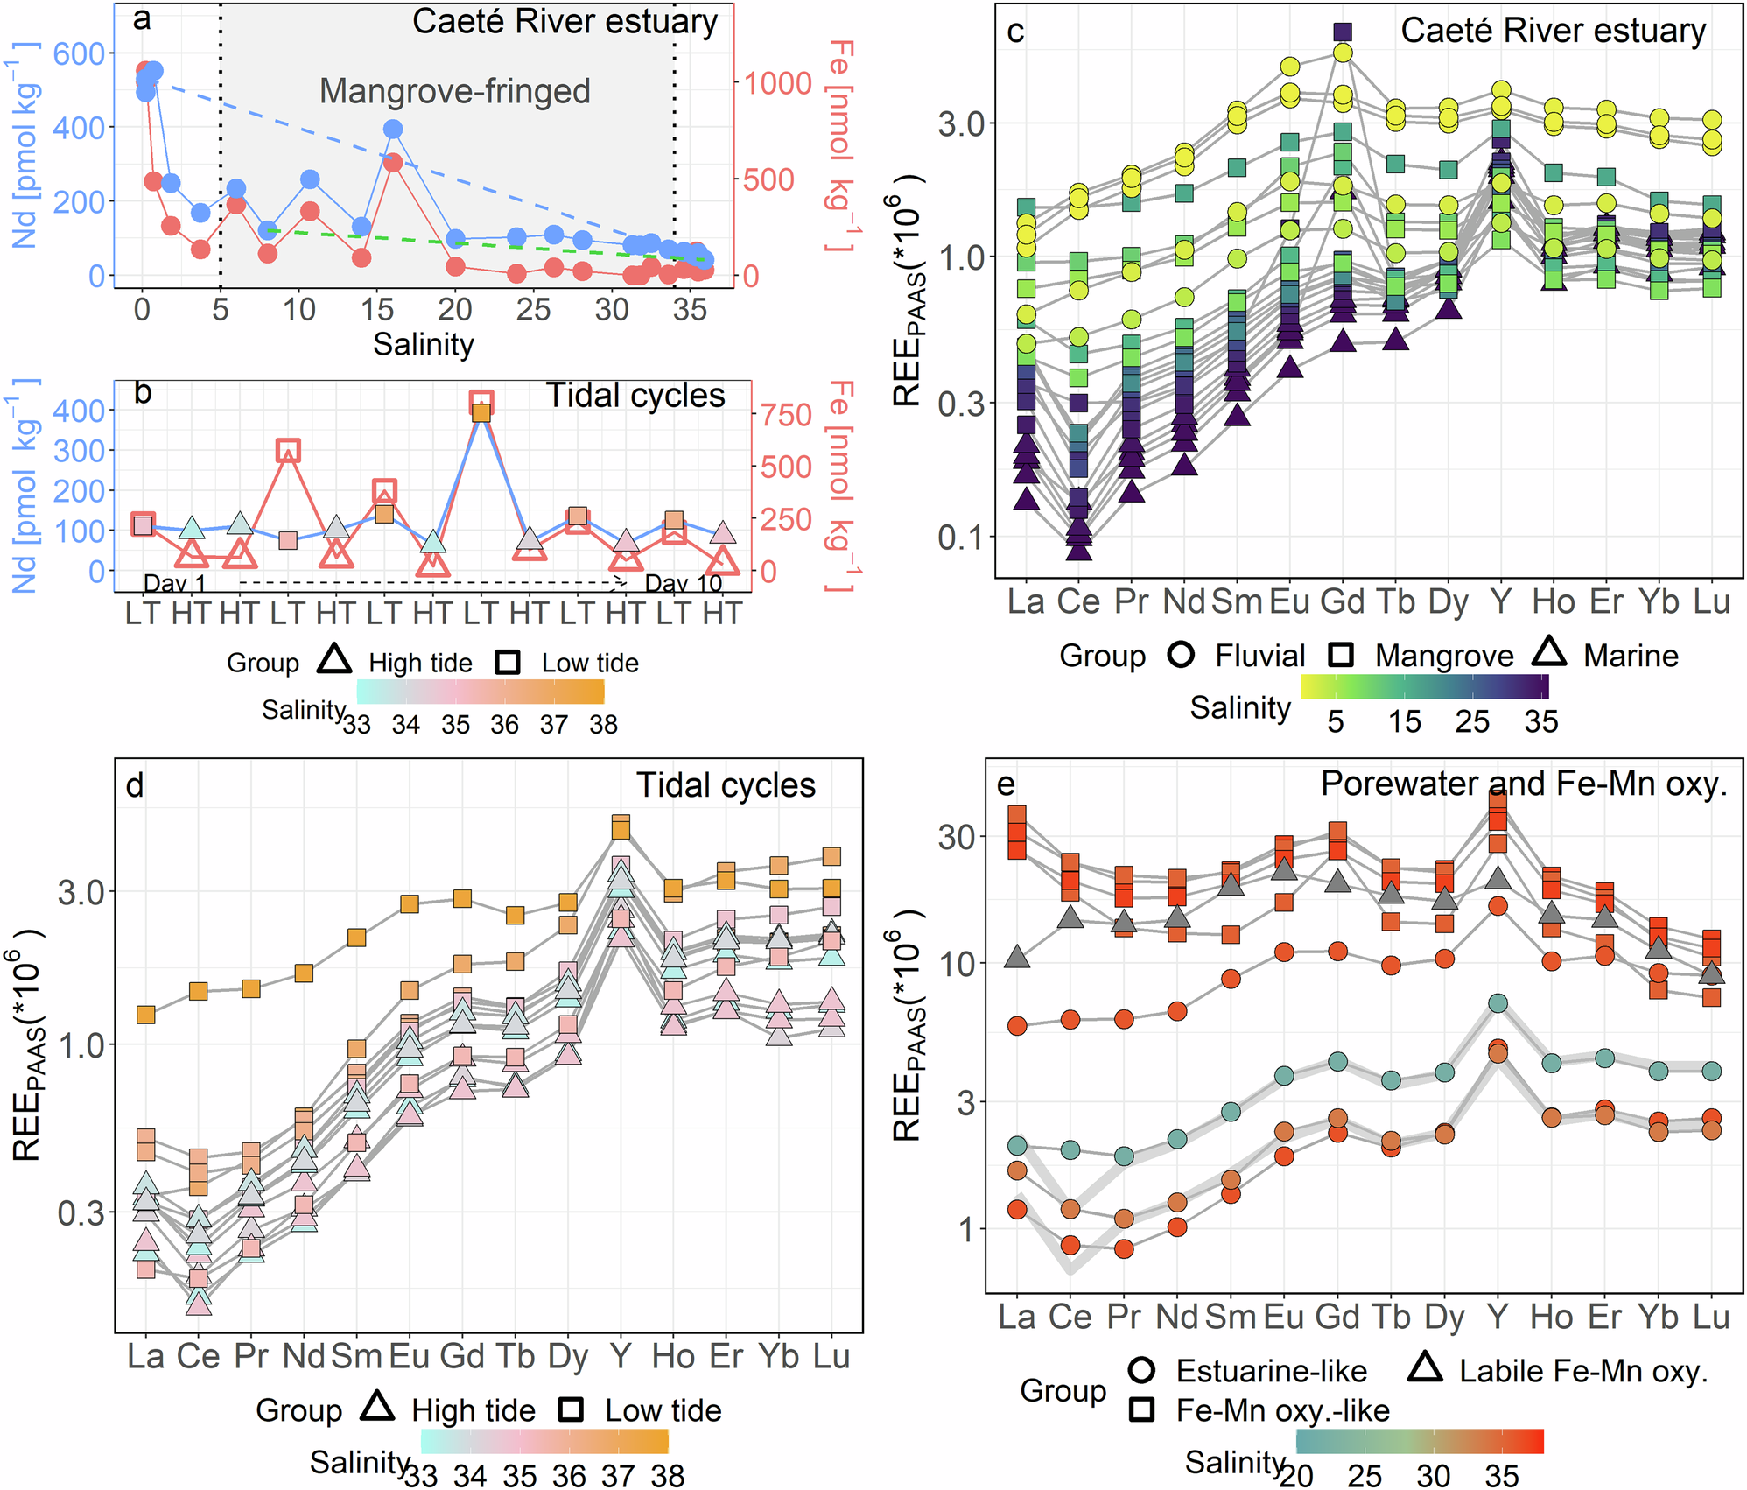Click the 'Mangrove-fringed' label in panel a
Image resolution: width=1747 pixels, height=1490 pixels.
coord(454,91)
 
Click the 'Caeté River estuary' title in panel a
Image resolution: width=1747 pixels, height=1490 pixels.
coord(565,22)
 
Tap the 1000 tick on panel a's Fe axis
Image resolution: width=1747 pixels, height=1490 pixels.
coord(778,83)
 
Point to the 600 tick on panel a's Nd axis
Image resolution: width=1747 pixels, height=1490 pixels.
coord(79,54)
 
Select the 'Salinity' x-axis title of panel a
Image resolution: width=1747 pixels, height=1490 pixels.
coord(424,344)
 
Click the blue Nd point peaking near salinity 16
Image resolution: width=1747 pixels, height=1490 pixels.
coord(393,130)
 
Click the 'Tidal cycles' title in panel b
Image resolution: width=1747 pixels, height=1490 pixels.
coord(635,396)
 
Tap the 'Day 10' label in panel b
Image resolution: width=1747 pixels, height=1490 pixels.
coord(684,583)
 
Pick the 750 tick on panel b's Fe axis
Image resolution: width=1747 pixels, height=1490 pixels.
coord(786,415)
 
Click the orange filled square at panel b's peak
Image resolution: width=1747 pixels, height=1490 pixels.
coord(481,413)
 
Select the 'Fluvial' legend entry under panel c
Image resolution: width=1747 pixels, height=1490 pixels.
coord(1259,656)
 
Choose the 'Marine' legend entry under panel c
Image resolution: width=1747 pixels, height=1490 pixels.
coord(1631,656)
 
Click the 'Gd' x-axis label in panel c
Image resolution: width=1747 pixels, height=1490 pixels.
coord(1342,601)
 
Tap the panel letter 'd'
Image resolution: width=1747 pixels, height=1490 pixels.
coord(134,786)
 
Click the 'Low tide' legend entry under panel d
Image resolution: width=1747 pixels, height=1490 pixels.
coord(663,1410)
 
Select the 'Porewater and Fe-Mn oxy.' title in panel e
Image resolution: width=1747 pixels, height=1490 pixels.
coord(1524,784)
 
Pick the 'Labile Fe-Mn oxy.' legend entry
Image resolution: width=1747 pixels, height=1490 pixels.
coord(1583,1371)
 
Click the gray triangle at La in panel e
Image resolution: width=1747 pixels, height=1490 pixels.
coord(1017,957)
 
